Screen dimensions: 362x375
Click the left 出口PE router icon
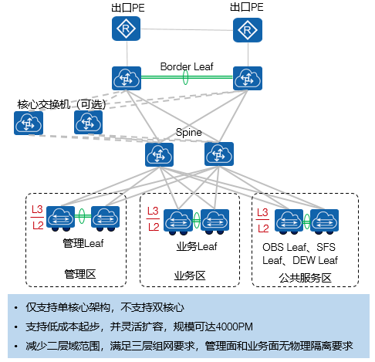(125, 30)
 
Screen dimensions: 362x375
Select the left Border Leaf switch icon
(125, 78)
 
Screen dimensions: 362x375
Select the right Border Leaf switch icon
(247, 78)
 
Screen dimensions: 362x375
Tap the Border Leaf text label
(186, 66)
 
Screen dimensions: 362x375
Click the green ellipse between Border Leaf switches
(185, 78)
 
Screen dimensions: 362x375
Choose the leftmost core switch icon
(28, 123)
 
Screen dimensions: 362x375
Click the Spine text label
(188, 132)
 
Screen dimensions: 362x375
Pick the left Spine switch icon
(160, 154)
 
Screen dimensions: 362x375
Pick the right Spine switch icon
(219, 154)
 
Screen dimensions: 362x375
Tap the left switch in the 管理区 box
(59, 217)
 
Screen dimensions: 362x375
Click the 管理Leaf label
(83, 243)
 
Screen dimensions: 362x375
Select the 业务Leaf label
(193, 246)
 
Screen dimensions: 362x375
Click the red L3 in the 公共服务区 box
(262, 212)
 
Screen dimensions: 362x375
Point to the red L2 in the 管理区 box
(36, 225)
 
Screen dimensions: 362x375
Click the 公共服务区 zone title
(306, 276)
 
